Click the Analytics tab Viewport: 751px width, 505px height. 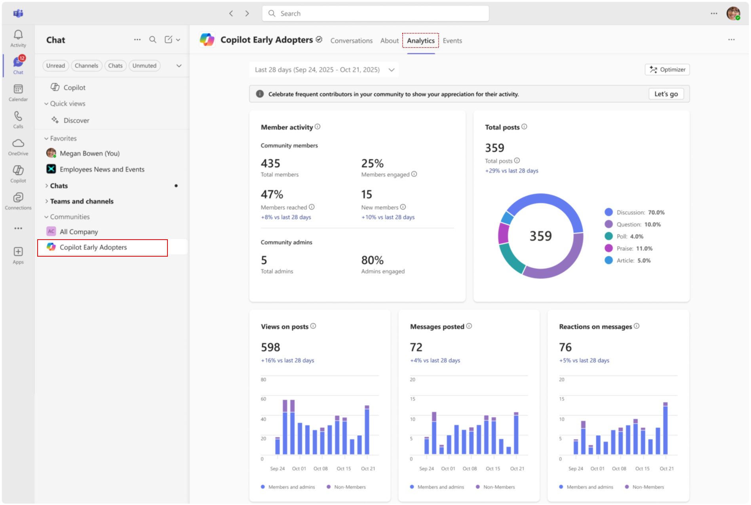pyautogui.click(x=420, y=40)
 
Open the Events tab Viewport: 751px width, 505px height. pyautogui.click(x=452, y=40)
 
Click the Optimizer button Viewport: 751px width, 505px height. pyautogui.click(x=667, y=70)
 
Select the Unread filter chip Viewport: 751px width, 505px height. pyautogui.click(x=55, y=66)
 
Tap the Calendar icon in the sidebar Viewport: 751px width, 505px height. pyautogui.click(x=18, y=90)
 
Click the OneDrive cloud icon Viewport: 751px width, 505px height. pyautogui.click(x=18, y=143)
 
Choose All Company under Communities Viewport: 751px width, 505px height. pyautogui.click(x=78, y=232)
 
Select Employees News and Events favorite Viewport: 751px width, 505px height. pyautogui.click(x=102, y=170)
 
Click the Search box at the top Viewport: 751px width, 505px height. pyautogui.click(x=375, y=13)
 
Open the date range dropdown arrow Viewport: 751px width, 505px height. pyautogui.click(x=392, y=70)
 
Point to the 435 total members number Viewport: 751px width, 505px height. pyautogui.click(x=270, y=164)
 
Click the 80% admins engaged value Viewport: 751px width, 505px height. pyautogui.click(x=372, y=260)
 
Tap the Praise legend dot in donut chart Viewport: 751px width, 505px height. pyautogui.click(x=608, y=248)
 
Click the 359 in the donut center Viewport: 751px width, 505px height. pyautogui.click(x=540, y=236)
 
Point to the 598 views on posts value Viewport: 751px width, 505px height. pyautogui.click(x=270, y=347)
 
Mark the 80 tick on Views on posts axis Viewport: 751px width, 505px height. pyautogui.click(x=263, y=379)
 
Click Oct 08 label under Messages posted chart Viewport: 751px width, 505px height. pyautogui.click(x=470, y=469)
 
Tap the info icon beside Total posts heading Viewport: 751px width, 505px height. pyautogui.click(x=524, y=127)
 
